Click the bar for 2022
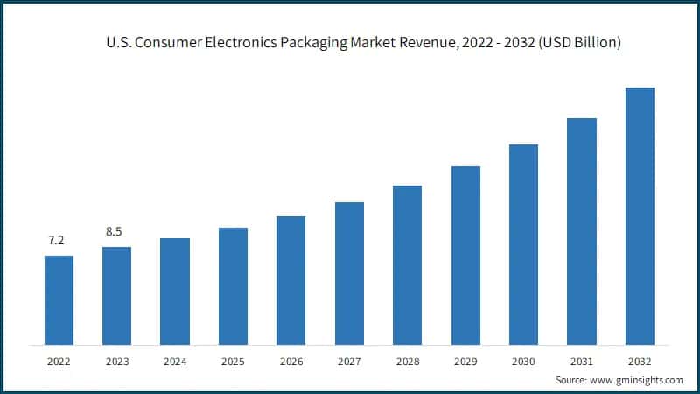pyautogui.click(x=59, y=299)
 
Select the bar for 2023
pyautogui.click(x=116, y=295)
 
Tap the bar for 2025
pyautogui.click(x=233, y=285)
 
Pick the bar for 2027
pyautogui.click(x=349, y=272)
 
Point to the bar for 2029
pyautogui.click(x=465, y=255)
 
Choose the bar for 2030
pyautogui.click(x=523, y=243)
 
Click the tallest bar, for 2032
pyautogui.click(x=640, y=215)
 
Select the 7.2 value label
pyautogui.click(x=56, y=240)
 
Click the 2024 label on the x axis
pyautogui.click(x=175, y=360)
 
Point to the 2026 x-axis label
pyautogui.click(x=290, y=360)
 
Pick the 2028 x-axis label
pyautogui.click(x=407, y=360)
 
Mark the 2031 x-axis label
pyautogui.click(x=581, y=360)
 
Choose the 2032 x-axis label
pyautogui.click(x=640, y=360)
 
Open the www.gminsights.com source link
pyautogui.click(x=638, y=380)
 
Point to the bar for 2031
pyautogui.click(x=582, y=230)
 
